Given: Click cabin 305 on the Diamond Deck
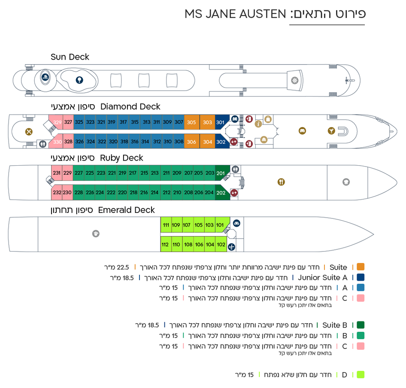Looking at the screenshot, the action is (x=191, y=122).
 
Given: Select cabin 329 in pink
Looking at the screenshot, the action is (x=58, y=122).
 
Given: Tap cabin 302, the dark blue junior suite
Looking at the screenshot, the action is (x=221, y=142).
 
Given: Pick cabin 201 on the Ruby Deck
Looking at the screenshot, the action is (x=221, y=173).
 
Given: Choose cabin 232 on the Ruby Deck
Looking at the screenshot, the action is (x=57, y=192).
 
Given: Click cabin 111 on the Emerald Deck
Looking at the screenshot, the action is (x=166, y=225).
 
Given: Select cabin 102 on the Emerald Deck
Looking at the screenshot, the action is (x=221, y=244).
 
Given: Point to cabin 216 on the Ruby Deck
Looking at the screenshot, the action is (x=144, y=192).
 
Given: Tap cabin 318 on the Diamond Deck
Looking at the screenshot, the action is (x=124, y=141).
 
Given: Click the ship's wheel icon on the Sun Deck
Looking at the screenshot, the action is (x=295, y=80).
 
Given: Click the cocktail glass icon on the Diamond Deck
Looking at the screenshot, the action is (x=331, y=131).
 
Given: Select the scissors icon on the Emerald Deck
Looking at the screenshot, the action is (x=231, y=247).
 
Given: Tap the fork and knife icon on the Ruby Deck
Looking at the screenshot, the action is (x=281, y=182).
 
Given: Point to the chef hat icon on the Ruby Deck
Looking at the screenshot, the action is (x=346, y=182).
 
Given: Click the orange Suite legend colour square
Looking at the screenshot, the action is (x=361, y=267).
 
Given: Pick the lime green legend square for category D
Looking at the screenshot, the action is (x=361, y=375).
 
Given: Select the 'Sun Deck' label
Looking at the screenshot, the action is (x=70, y=57).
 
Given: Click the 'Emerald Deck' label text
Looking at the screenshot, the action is (x=126, y=210).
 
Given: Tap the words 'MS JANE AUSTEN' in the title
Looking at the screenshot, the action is (x=235, y=14).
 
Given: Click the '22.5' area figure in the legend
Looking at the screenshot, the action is (x=123, y=267).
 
